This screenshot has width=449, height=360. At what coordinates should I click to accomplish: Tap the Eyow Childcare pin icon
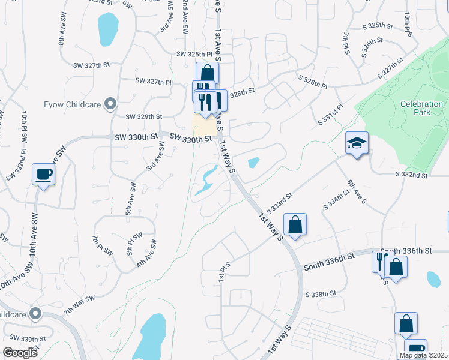pyautogui.click(x=110, y=104)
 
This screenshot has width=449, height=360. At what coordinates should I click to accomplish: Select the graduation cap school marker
pyautogui.click(x=357, y=143)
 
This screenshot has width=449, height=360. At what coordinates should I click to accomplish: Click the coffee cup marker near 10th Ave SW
pyautogui.click(x=43, y=175)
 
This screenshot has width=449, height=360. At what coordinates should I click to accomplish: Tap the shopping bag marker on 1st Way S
pyautogui.click(x=295, y=226)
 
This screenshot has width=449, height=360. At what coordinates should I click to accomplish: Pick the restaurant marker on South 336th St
pyautogui.click(x=379, y=262)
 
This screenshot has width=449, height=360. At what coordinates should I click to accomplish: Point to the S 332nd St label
pyautogui.click(x=411, y=175)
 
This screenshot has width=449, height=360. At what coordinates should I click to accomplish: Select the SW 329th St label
pyautogui.click(x=144, y=116)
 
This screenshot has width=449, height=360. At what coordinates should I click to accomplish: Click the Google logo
pyautogui.click(x=20, y=353)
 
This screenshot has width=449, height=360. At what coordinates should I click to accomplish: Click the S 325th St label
pyautogui.click(x=378, y=26)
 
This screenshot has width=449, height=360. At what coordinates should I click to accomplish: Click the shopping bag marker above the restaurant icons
pyautogui.click(x=207, y=74)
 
